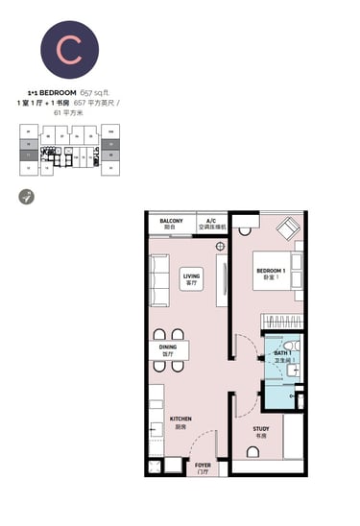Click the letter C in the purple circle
pyautogui.click(x=67, y=48)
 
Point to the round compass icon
pyautogui.click(x=27, y=196)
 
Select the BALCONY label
pyautogui.click(x=171, y=223)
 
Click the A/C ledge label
pyautogui.click(x=211, y=224)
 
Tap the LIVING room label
pyautogui.click(x=190, y=279)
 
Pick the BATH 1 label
pyautogui.click(x=283, y=356)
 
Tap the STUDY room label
pyautogui.click(x=260, y=431)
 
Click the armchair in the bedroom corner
pyautogui.click(x=286, y=230)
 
